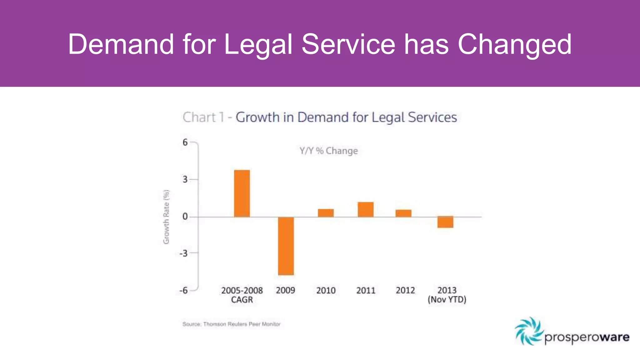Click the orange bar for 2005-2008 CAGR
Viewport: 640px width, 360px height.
pyautogui.click(x=242, y=193)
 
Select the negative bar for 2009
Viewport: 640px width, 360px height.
pyautogui.click(x=286, y=246)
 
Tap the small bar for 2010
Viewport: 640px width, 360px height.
pyautogui.click(x=326, y=213)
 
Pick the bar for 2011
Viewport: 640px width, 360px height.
pyautogui.click(x=366, y=209)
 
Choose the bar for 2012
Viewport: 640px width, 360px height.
pyautogui.click(x=403, y=213)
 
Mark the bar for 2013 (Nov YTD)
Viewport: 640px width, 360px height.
pyautogui.click(x=445, y=222)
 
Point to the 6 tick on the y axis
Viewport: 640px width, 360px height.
pyautogui.click(x=185, y=142)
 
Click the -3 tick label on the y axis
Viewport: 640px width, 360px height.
pyautogui.click(x=183, y=253)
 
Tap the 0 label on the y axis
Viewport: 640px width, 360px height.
pyautogui.click(x=185, y=217)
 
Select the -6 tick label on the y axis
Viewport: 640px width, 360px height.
pyautogui.click(x=183, y=290)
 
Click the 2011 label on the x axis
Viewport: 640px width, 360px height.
pyautogui.click(x=366, y=290)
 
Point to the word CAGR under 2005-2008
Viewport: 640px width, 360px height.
pyautogui.click(x=242, y=300)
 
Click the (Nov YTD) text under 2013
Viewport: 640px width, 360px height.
pyautogui.click(x=447, y=300)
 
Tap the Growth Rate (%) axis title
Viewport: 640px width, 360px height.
pyautogui.click(x=166, y=217)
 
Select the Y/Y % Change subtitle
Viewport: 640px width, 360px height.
pyautogui.click(x=329, y=151)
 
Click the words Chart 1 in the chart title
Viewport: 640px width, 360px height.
pyautogui.click(x=203, y=117)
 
